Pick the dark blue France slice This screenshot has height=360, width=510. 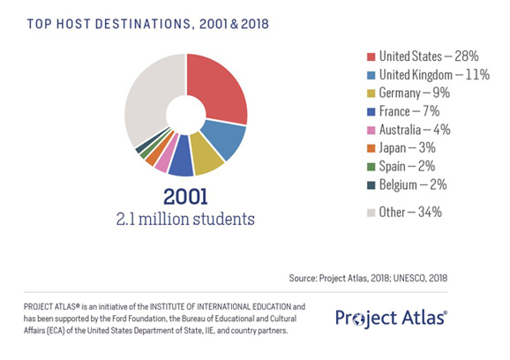[182, 157]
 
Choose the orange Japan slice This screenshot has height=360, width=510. [154, 152]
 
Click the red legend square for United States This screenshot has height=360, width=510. [371, 56]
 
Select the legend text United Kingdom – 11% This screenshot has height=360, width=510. [434, 75]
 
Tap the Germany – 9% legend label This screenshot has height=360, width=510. [415, 94]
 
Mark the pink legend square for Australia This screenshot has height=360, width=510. [371, 130]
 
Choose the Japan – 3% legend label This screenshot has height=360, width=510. [408, 148]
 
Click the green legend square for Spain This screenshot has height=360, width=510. [371, 167]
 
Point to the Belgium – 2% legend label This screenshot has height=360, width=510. [413, 185]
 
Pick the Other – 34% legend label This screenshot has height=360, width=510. [410, 213]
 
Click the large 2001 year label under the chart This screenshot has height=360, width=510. [185, 197]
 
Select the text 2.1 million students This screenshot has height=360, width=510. [185, 219]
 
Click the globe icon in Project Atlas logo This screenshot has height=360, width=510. [359, 319]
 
